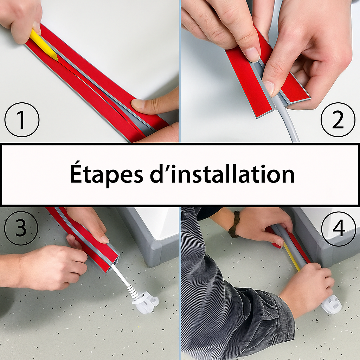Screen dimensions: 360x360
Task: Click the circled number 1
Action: click(22, 120)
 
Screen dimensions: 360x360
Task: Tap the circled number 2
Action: click(338, 120)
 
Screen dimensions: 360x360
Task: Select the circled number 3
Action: click(21, 228)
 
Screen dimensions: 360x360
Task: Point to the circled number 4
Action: click(339, 229)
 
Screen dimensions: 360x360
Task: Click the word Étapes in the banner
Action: click(106, 173)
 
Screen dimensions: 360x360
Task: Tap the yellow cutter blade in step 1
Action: click(44, 45)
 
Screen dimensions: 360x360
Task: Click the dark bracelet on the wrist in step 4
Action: click(234, 224)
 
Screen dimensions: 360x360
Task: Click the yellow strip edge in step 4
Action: click(291, 257)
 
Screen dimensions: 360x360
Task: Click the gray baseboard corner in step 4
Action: click(321, 250)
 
